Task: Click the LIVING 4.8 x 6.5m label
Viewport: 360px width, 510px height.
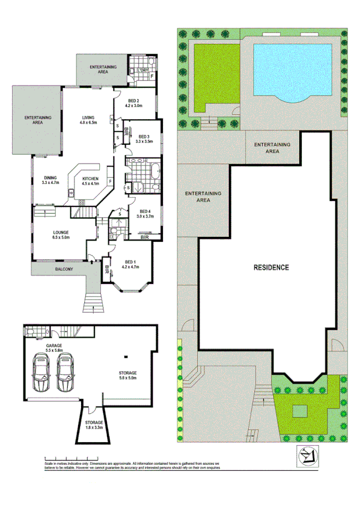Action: (89, 120)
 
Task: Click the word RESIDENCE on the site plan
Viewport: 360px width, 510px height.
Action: (270, 267)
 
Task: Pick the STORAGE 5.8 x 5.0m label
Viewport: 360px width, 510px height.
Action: (127, 375)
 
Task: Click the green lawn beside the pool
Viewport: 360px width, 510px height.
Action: (212, 73)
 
